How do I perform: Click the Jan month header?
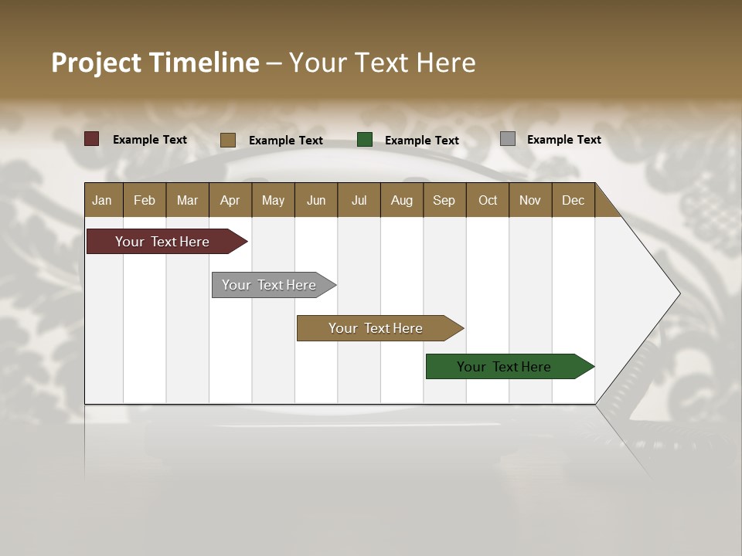pos(102,201)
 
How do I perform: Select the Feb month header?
pos(145,201)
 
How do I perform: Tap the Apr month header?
pos(230,201)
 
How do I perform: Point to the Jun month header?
pos(316,201)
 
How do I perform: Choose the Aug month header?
pos(401,201)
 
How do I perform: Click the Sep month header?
pos(444,201)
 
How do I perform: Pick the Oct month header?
pos(488,201)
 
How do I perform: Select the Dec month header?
pos(573,201)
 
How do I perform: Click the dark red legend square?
pos(91,139)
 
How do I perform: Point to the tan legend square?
pos(227,140)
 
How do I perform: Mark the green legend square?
pos(365,140)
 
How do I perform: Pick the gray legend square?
pos(507,139)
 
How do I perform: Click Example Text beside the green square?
pos(422,141)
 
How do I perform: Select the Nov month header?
pos(530,201)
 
